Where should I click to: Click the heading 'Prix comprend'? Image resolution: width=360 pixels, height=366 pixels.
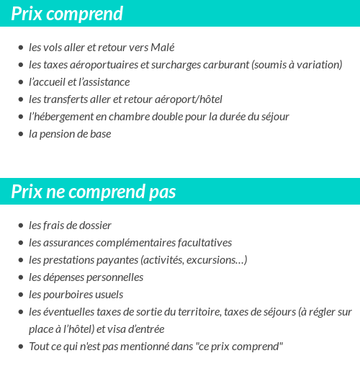[67, 13]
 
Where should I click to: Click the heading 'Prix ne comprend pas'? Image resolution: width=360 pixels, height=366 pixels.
[94, 192]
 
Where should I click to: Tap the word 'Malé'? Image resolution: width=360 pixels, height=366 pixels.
[163, 48]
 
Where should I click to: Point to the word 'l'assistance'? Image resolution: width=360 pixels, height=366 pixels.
[105, 82]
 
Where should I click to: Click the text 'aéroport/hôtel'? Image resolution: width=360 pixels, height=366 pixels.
[189, 99]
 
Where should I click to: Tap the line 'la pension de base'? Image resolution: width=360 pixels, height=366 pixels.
[70, 134]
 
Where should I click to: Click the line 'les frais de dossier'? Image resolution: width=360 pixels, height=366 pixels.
[70, 226]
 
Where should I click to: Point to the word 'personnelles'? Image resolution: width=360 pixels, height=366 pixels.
[114, 277]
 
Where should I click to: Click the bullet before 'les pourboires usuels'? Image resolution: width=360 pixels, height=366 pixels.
[20, 295]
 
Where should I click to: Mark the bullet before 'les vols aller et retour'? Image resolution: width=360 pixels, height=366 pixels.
[20, 48]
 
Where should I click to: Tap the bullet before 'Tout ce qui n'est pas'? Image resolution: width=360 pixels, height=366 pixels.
[20, 347]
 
